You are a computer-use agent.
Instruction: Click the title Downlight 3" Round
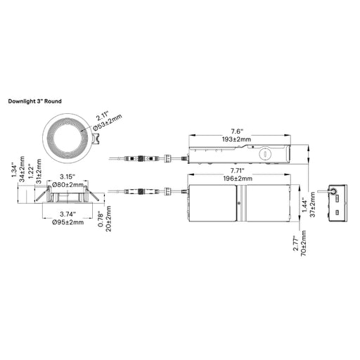pos(34,101)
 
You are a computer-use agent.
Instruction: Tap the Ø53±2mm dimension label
pos(108,122)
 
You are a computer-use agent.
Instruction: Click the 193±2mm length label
pos(236,139)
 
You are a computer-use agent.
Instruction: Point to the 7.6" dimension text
pos(237,131)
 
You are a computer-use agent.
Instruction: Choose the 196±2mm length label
pos(238,179)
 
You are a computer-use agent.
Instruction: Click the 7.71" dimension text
pos(237,170)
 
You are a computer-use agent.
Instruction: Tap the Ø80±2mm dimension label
pos(67,185)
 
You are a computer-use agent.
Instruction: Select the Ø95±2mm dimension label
pos(67,222)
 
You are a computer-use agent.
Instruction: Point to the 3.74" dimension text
pos(67,214)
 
